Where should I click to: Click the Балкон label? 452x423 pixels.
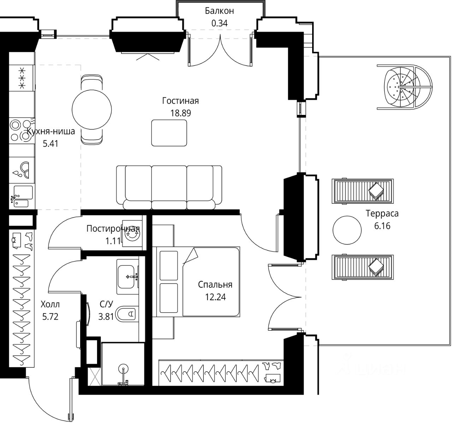pyautogui.click(x=219, y=11)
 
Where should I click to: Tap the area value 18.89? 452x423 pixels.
pyautogui.click(x=180, y=113)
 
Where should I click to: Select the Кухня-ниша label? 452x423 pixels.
pyautogui.click(x=51, y=132)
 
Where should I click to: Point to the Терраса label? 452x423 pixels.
pyautogui.click(x=382, y=214)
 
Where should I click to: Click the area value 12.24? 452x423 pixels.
pyautogui.click(x=215, y=297)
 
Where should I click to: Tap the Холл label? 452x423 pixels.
pyautogui.click(x=50, y=304)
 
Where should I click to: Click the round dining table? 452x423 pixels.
pyautogui.click(x=91, y=110)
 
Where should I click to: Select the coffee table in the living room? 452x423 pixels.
pyautogui.click(x=169, y=133)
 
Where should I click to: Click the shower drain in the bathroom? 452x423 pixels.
pyautogui.click(x=123, y=369)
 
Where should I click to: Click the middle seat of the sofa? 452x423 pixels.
pyautogui.click(x=169, y=183)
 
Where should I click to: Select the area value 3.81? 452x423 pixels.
pyautogui.click(x=106, y=316)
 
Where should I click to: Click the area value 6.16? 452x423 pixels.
pyautogui.click(x=382, y=226)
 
